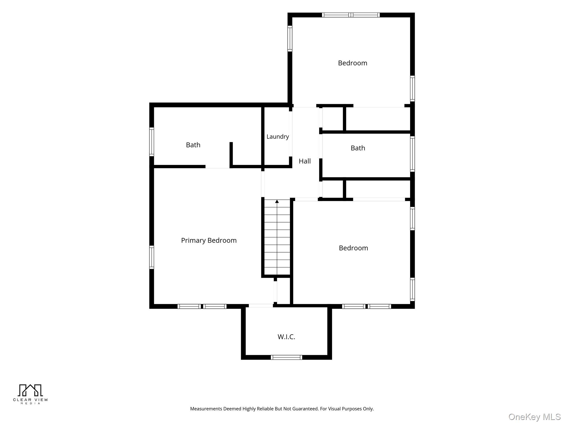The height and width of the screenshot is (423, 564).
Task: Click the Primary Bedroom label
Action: point(209,240)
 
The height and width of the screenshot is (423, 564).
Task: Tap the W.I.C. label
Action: point(286,337)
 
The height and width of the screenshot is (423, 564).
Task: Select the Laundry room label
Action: point(278,137)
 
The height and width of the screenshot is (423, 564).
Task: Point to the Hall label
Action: point(305,161)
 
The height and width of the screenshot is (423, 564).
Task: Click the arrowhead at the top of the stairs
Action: point(277,201)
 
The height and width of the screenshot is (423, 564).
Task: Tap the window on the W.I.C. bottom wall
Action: point(286,357)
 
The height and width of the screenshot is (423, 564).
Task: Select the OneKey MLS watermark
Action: point(535,417)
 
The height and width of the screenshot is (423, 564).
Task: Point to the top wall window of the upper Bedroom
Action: point(351,15)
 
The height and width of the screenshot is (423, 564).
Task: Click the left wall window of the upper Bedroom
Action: point(290,39)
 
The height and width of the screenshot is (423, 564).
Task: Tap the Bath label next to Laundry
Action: point(193,145)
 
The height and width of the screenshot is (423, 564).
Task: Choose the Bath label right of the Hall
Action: point(358,148)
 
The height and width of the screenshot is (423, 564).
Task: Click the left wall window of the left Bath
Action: point(151,142)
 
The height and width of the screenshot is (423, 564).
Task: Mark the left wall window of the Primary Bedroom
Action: point(151,257)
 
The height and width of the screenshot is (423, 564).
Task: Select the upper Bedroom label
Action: point(352,63)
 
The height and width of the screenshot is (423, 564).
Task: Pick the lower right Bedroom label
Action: point(353,248)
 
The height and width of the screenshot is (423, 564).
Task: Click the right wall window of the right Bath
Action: point(412,154)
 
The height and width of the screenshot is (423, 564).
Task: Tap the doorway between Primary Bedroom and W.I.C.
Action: point(261,305)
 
